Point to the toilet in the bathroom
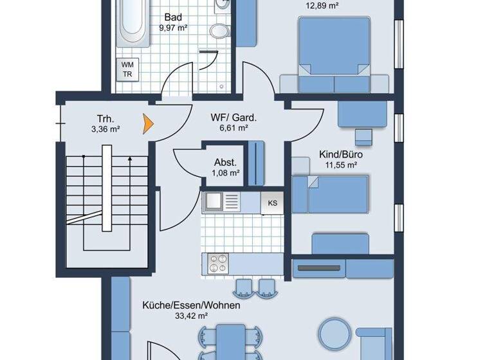point(220,32)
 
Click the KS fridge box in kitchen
point(273,203)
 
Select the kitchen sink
point(212,203)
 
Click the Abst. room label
point(226,163)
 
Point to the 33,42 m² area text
point(191,316)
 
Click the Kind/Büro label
point(341,155)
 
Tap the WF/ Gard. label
point(233,118)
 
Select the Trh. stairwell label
point(105,119)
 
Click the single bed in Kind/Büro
point(331,195)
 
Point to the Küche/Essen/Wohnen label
point(191,305)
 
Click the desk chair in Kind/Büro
point(363,136)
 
